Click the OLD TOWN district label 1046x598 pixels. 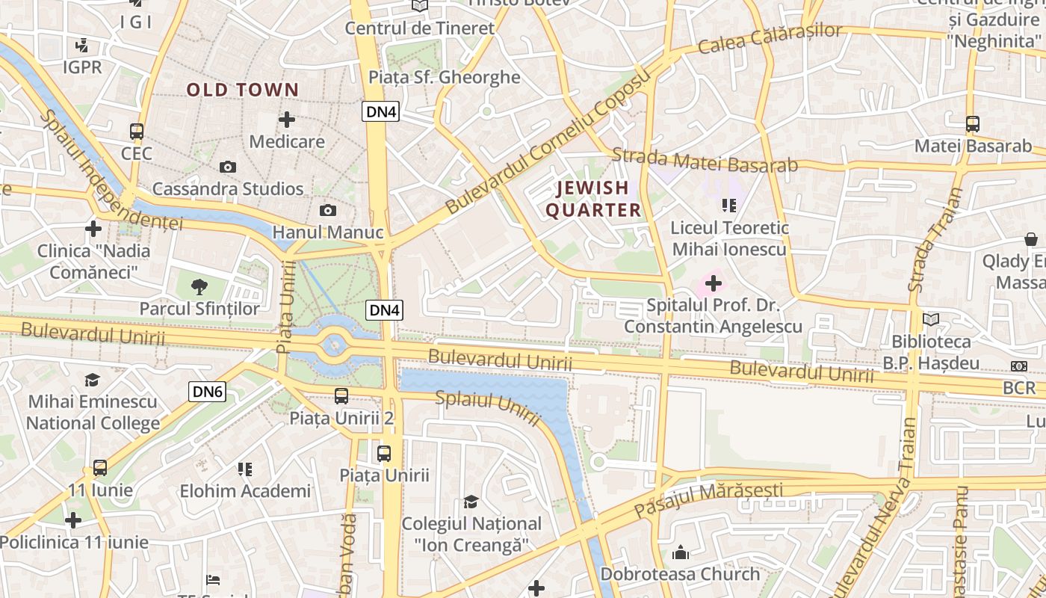[x=243, y=90]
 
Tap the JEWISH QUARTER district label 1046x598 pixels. [x=593, y=199]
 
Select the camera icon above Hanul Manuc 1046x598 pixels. [x=327, y=211]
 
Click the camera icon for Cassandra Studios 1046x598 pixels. [x=228, y=167]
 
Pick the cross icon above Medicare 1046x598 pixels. [x=287, y=120]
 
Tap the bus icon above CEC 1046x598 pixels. [x=137, y=132]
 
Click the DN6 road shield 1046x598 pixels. [x=207, y=391]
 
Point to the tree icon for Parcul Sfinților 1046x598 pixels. [x=199, y=286]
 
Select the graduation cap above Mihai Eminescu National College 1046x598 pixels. [x=92, y=380]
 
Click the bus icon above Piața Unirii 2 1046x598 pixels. [x=341, y=395]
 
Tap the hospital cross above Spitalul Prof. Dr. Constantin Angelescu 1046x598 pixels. [x=714, y=283]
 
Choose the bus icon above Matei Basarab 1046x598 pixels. [x=972, y=123]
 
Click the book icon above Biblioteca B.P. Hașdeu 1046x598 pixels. [x=930, y=320]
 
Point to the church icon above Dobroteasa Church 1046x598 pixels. [x=680, y=552]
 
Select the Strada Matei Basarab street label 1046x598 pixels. [x=705, y=161]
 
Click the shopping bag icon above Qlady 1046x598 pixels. [x=1031, y=239]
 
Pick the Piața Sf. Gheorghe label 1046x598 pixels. [x=444, y=77]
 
